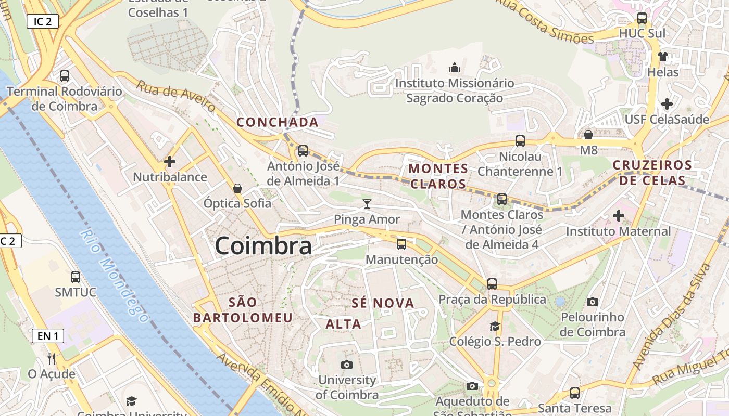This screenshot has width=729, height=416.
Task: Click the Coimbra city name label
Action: pyautogui.click(x=263, y=246)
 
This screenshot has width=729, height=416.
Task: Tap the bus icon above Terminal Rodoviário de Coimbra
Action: pyautogui.click(x=65, y=76)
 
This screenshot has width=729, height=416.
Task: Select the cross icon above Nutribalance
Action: pyautogui.click(x=169, y=162)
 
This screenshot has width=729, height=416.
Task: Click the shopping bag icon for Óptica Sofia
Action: pyautogui.click(x=237, y=188)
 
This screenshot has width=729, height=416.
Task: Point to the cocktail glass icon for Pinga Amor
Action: pyautogui.click(x=367, y=204)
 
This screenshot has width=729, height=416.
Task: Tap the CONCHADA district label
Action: pyautogui.click(x=277, y=122)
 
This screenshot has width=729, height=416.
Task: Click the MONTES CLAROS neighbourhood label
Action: pyautogui.click(x=438, y=176)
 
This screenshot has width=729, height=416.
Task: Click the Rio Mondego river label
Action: pyautogui.click(x=114, y=275)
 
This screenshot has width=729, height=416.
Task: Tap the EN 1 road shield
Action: pyautogui.click(x=47, y=336)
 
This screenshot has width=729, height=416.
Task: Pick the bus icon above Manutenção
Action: pyautogui.click(x=401, y=244)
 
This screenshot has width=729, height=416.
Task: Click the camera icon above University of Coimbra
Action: pyautogui.click(x=346, y=365)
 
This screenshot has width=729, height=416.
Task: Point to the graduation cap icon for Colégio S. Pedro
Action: pyautogui.click(x=494, y=326)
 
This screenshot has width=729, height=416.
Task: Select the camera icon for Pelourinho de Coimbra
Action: pyautogui.click(x=592, y=302)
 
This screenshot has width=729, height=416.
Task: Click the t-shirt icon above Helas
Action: pyautogui.click(x=662, y=57)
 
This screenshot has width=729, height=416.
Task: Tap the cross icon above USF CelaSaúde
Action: pyautogui.click(x=667, y=104)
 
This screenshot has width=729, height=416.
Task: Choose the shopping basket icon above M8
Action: pyautogui.click(x=588, y=135)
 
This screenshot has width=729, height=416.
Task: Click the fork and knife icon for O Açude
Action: pyautogui.click(x=51, y=358)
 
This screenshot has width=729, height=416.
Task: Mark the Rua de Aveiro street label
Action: pyautogui.click(x=176, y=96)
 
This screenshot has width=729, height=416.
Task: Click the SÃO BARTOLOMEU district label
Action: pyautogui.click(x=243, y=310)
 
